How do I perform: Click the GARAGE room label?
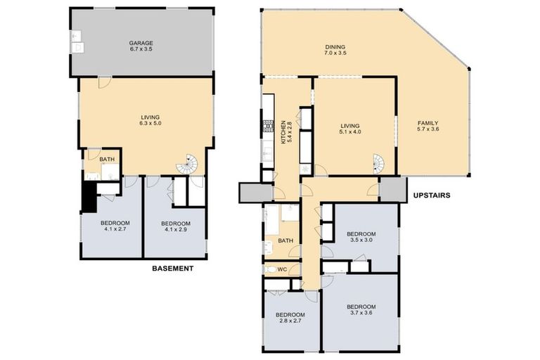click(x=142, y=41)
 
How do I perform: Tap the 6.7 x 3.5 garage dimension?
click(x=142, y=49)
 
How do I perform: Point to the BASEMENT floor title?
click(x=173, y=269)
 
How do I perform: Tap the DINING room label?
click(x=335, y=48)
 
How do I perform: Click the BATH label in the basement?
click(x=107, y=160)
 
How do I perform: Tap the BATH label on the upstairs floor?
click(x=285, y=240)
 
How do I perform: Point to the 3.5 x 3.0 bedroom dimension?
click(x=361, y=240)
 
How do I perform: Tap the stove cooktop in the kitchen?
click(x=268, y=127)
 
